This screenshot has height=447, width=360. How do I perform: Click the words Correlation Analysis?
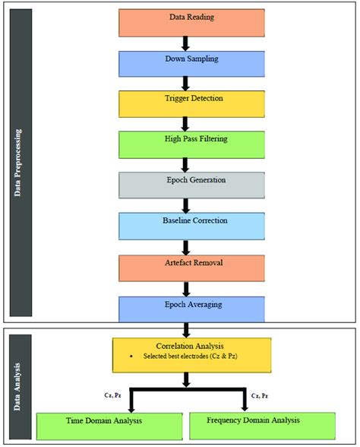coord(191,346)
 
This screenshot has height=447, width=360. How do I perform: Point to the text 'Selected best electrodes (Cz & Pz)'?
coord(194,357)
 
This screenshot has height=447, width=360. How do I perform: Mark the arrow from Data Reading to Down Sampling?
coord(185,43)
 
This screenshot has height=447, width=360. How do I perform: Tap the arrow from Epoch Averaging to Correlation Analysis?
coord(185,328)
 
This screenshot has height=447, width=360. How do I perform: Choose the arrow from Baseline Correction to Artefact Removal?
coord(185,246)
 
